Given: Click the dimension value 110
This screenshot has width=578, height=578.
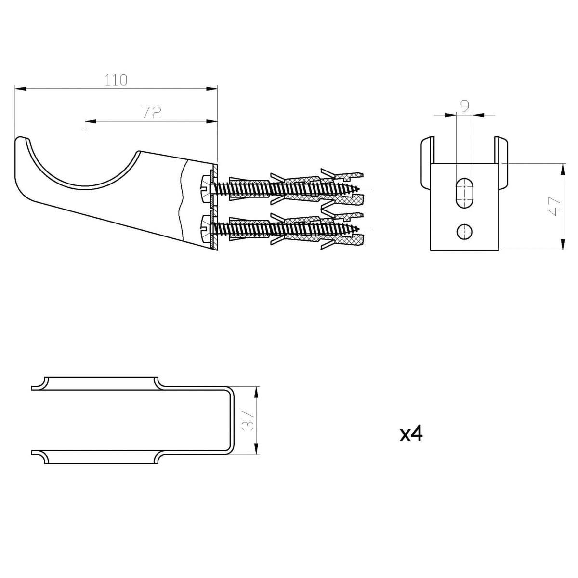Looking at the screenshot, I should [116, 79].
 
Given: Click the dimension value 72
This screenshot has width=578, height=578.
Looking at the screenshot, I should [151, 112].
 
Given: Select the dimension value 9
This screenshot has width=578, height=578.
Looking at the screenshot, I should [465, 106].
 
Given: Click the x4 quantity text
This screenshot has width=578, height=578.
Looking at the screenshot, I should [411, 434].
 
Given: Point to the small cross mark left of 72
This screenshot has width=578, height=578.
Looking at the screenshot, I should [85, 129].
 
